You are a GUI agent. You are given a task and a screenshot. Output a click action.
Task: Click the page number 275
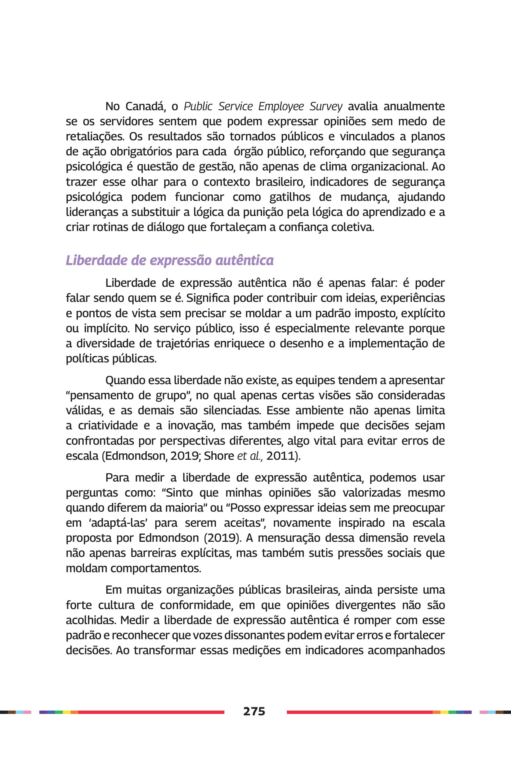coord(254,711)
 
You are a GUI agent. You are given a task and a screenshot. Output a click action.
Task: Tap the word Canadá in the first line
coord(145,107)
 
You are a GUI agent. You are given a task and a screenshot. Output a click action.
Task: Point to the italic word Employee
coord(281,107)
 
